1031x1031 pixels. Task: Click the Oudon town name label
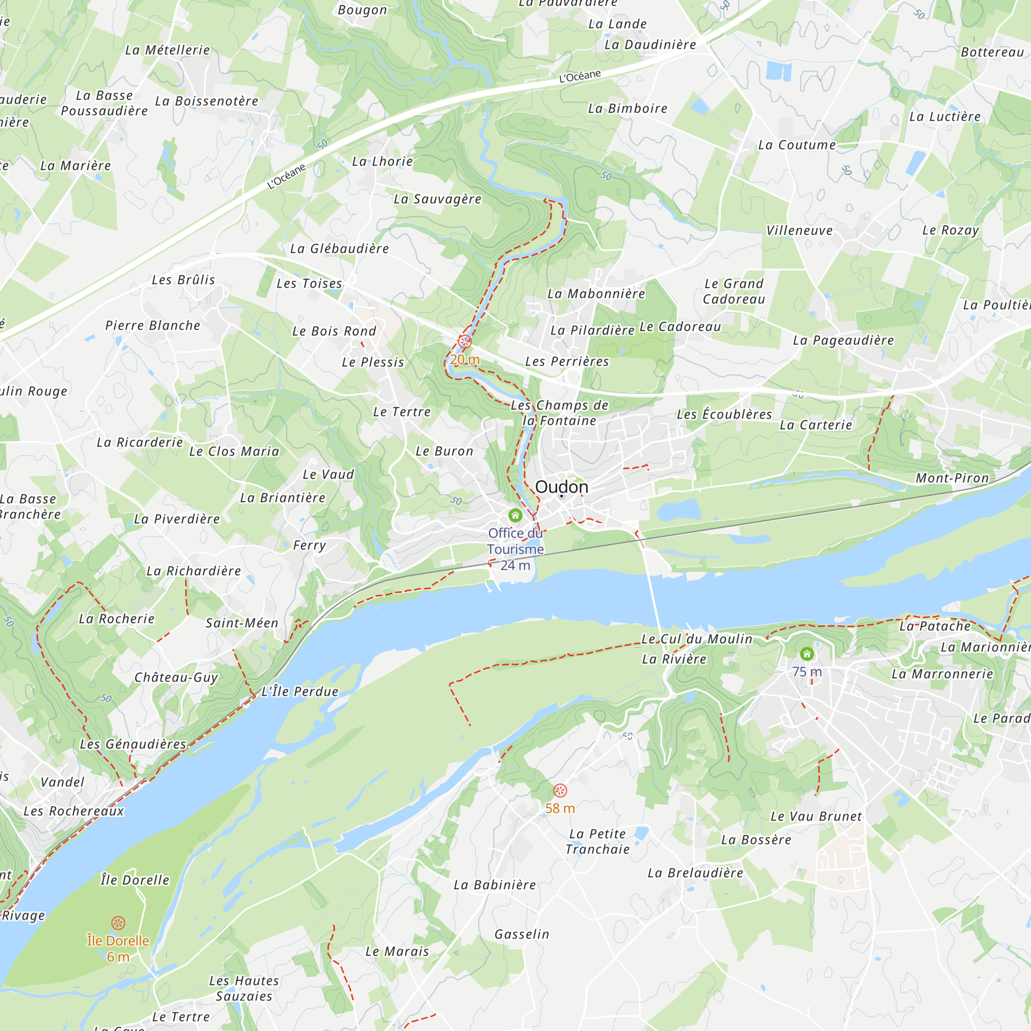click(x=561, y=487)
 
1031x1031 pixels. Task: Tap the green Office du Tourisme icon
click(x=515, y=515)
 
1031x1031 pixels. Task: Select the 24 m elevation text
click(x=515, y=565)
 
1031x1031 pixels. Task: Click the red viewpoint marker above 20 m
click(x=465, y=342)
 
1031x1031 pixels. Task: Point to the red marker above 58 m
click(x=560, y=790)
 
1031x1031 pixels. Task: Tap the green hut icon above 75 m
click(x=807, y=654)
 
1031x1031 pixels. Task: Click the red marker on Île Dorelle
click(x=118, y=923)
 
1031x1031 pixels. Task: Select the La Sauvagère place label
click(x=438, y=199)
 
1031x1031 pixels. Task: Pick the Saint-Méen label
click(x=242, y=623)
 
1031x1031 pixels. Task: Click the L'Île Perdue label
click(x=300, y=692)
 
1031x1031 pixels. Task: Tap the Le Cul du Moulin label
click(x=697, y=639)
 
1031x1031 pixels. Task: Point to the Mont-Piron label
click(x=953, y=478)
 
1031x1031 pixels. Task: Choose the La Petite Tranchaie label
click(x=597, y=842)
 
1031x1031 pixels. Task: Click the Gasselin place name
click(x=521, y=935)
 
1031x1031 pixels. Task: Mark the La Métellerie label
click(x=168, y=50)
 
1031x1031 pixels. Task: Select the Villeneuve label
click(x=800, y=230)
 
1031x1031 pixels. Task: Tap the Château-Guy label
click(x=176, y=677)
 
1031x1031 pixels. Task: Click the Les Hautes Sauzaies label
click(x=244, y=988)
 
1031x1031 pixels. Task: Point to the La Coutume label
click(x=797, y=145)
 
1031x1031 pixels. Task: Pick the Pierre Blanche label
click(x=153, y=325)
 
